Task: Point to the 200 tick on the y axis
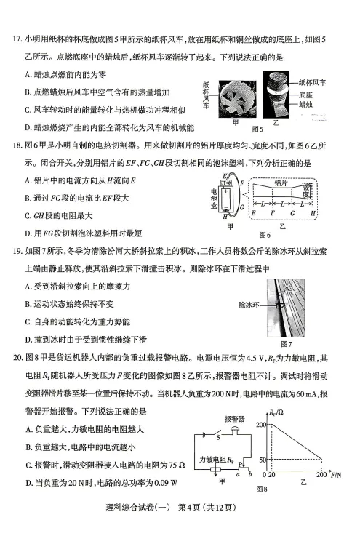pyautogui.click(x=263, y=424)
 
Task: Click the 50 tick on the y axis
pyautogui.click(x=265, y=459)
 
